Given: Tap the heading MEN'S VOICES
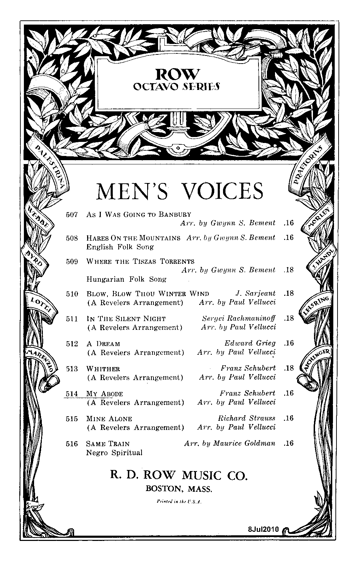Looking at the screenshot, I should [x=179, y=191].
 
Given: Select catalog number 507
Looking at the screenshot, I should [x=72, y=214].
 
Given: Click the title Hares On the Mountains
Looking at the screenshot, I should [x=133, y=238].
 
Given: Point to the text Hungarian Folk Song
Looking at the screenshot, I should [x=126, y=279].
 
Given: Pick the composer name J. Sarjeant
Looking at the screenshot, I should [x=255, y=293].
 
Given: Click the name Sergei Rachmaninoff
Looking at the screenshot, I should [x=239, y=318].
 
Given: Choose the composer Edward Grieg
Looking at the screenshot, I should [x=250, y=343].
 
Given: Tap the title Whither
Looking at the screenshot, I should [x=103, y=369].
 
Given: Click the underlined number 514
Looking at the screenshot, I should [x=72, y=394].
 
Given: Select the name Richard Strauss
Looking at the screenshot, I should [x=247, y=418].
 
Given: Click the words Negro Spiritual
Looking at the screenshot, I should [x=114, y=453].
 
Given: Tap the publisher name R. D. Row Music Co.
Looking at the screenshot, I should [x=179, y=475].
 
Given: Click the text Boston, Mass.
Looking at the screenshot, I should [x=179, y=489].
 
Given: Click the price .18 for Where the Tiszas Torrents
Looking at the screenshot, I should [x=289, y=270].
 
